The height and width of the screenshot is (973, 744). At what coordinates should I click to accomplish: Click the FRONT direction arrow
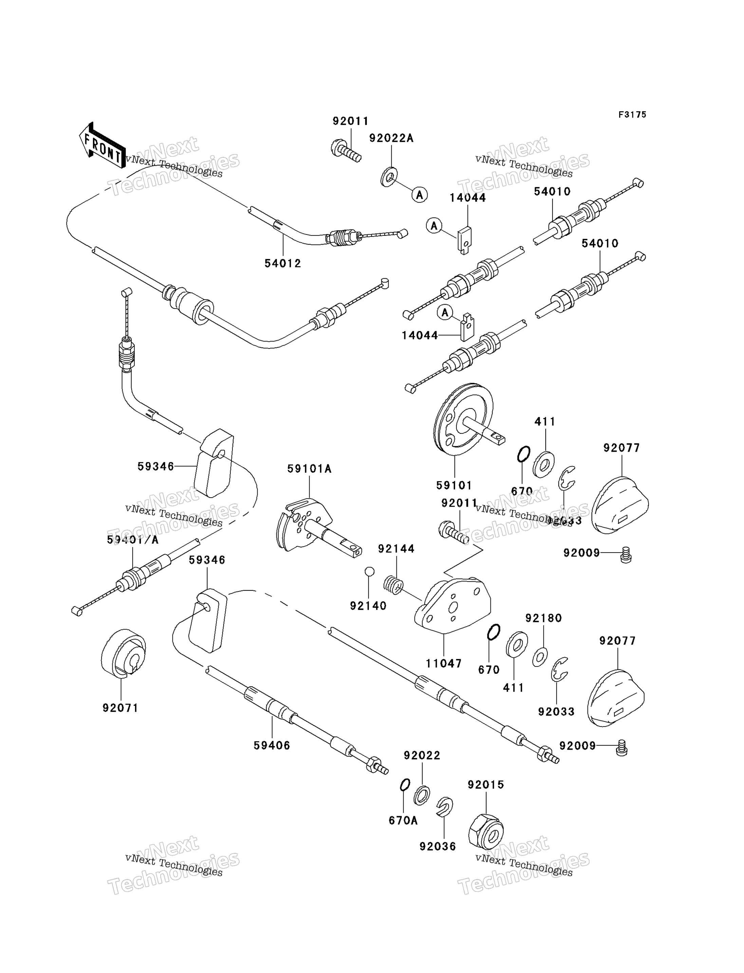point(102,147)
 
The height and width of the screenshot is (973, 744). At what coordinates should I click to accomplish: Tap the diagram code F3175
point(632,115)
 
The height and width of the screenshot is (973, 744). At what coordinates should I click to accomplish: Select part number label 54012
point(282,263)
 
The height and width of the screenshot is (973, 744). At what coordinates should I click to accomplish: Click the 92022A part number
point(391,138)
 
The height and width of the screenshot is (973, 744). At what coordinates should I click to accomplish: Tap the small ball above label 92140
point(370,571)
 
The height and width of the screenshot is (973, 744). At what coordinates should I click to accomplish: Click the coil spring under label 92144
point(393,585)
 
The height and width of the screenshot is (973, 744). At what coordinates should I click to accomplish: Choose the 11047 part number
point(444,663)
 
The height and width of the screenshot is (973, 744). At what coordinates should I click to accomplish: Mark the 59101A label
point(309,469)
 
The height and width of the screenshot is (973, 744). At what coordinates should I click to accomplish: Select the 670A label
point(403,821)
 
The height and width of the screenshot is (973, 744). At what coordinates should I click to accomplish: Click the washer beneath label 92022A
point(388,177)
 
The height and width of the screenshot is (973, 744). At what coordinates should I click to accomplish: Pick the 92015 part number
point(486,785)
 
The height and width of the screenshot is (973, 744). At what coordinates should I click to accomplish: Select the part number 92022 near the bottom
point(422,755)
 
